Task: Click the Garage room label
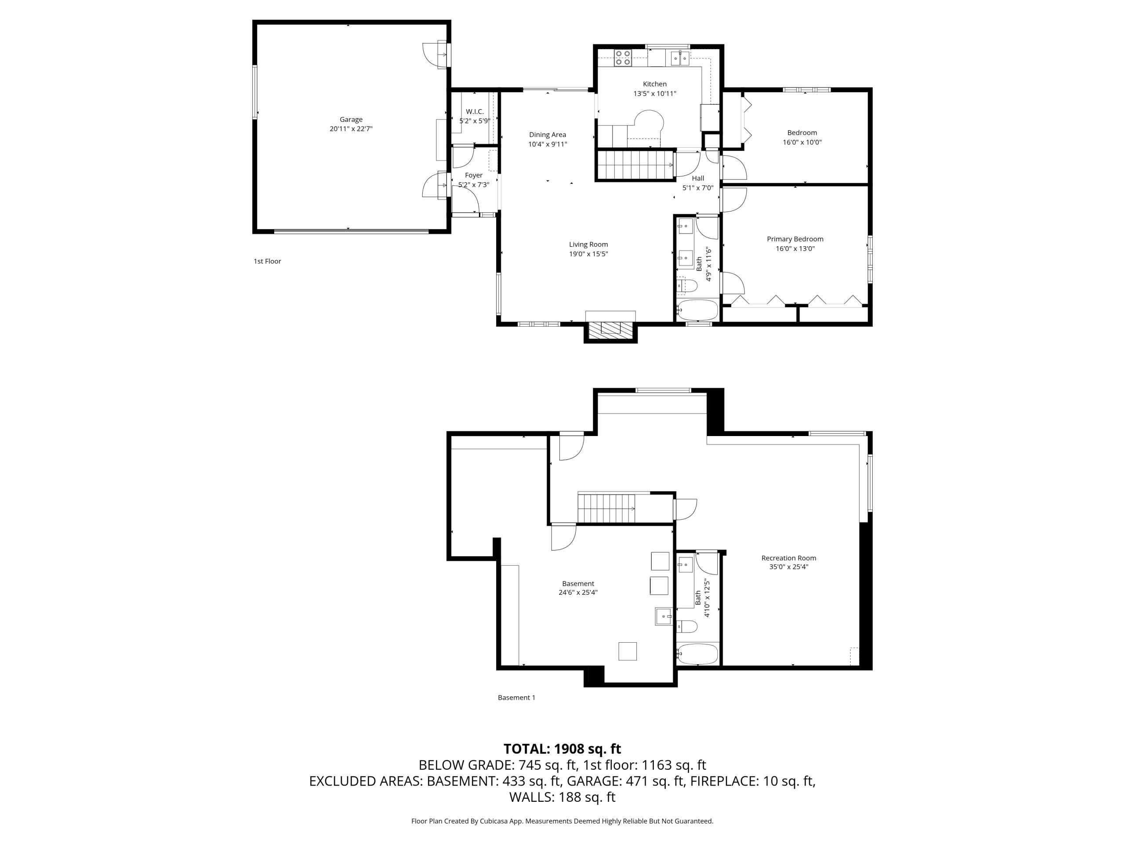tap(351, 120)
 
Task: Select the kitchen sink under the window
tap(680, 58)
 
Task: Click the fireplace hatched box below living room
tap(610, 329)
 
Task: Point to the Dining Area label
tap(547, 135)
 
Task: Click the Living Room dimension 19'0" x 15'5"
tap(588, 254)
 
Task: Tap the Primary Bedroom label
tap(795, 239)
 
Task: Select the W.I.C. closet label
tap(475, 111)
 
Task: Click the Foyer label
tap(473, 175)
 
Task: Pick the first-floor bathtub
tap(697, 310)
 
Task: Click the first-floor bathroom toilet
tap(686, 285)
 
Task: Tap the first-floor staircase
tap(636, 165)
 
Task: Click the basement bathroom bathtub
tap(697, 654)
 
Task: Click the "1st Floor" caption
tap(268, 261)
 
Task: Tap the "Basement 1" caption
tap(516, 698)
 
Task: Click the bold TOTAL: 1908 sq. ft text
tap(562, 749)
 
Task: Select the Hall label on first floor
tap(698, 178)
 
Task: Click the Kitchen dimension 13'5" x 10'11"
tap(654, 94)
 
